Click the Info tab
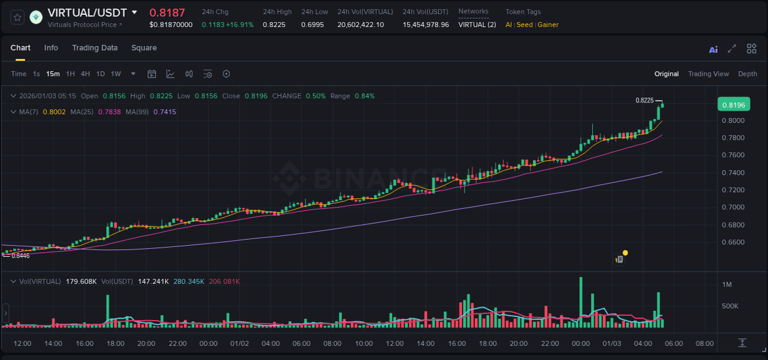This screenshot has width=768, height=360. (51, 48)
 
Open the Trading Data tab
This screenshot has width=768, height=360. (95, 48)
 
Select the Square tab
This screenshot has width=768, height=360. (144, 48)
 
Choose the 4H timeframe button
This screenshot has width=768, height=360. (85, 74)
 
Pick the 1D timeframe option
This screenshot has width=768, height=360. (100, 74)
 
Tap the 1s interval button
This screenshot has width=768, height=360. (36, 74)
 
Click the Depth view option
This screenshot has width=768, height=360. (747, 74)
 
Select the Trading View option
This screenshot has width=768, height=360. (708, 74)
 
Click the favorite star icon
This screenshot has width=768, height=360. (17, 17)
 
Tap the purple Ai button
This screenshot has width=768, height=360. (713, 50)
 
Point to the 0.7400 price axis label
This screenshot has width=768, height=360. (733, 173)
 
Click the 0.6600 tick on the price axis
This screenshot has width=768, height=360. (733, 242)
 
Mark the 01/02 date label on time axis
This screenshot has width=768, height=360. (239, 343)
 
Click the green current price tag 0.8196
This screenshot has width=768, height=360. (733, 104)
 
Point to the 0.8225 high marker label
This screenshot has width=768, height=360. (644, 100)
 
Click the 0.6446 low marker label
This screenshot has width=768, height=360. (20, 256)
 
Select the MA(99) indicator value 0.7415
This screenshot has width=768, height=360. (165, 112)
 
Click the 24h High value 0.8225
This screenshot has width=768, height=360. (274, 25)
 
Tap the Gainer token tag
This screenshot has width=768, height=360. (548, 25)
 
